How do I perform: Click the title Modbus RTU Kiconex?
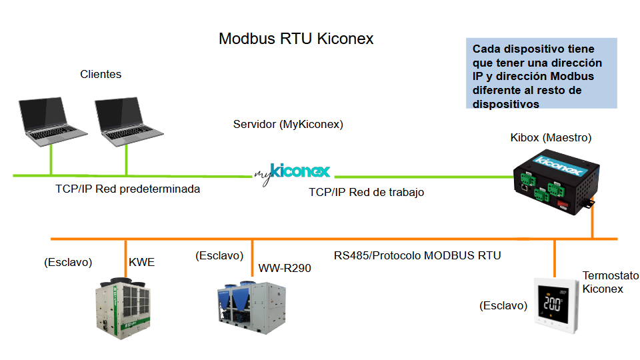click(296, 39)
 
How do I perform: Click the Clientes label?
click(101, 74)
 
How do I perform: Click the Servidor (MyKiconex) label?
click(288, 125)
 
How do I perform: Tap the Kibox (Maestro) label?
click(551, 138)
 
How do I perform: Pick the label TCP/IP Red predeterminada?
click(127, 189)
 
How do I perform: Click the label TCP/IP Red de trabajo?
click(367, 192)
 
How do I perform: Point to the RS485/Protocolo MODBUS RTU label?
click(417, 255)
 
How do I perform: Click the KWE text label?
click(141, 262)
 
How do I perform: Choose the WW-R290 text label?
click(285, 269)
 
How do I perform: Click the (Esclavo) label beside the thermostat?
click(503, 305)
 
